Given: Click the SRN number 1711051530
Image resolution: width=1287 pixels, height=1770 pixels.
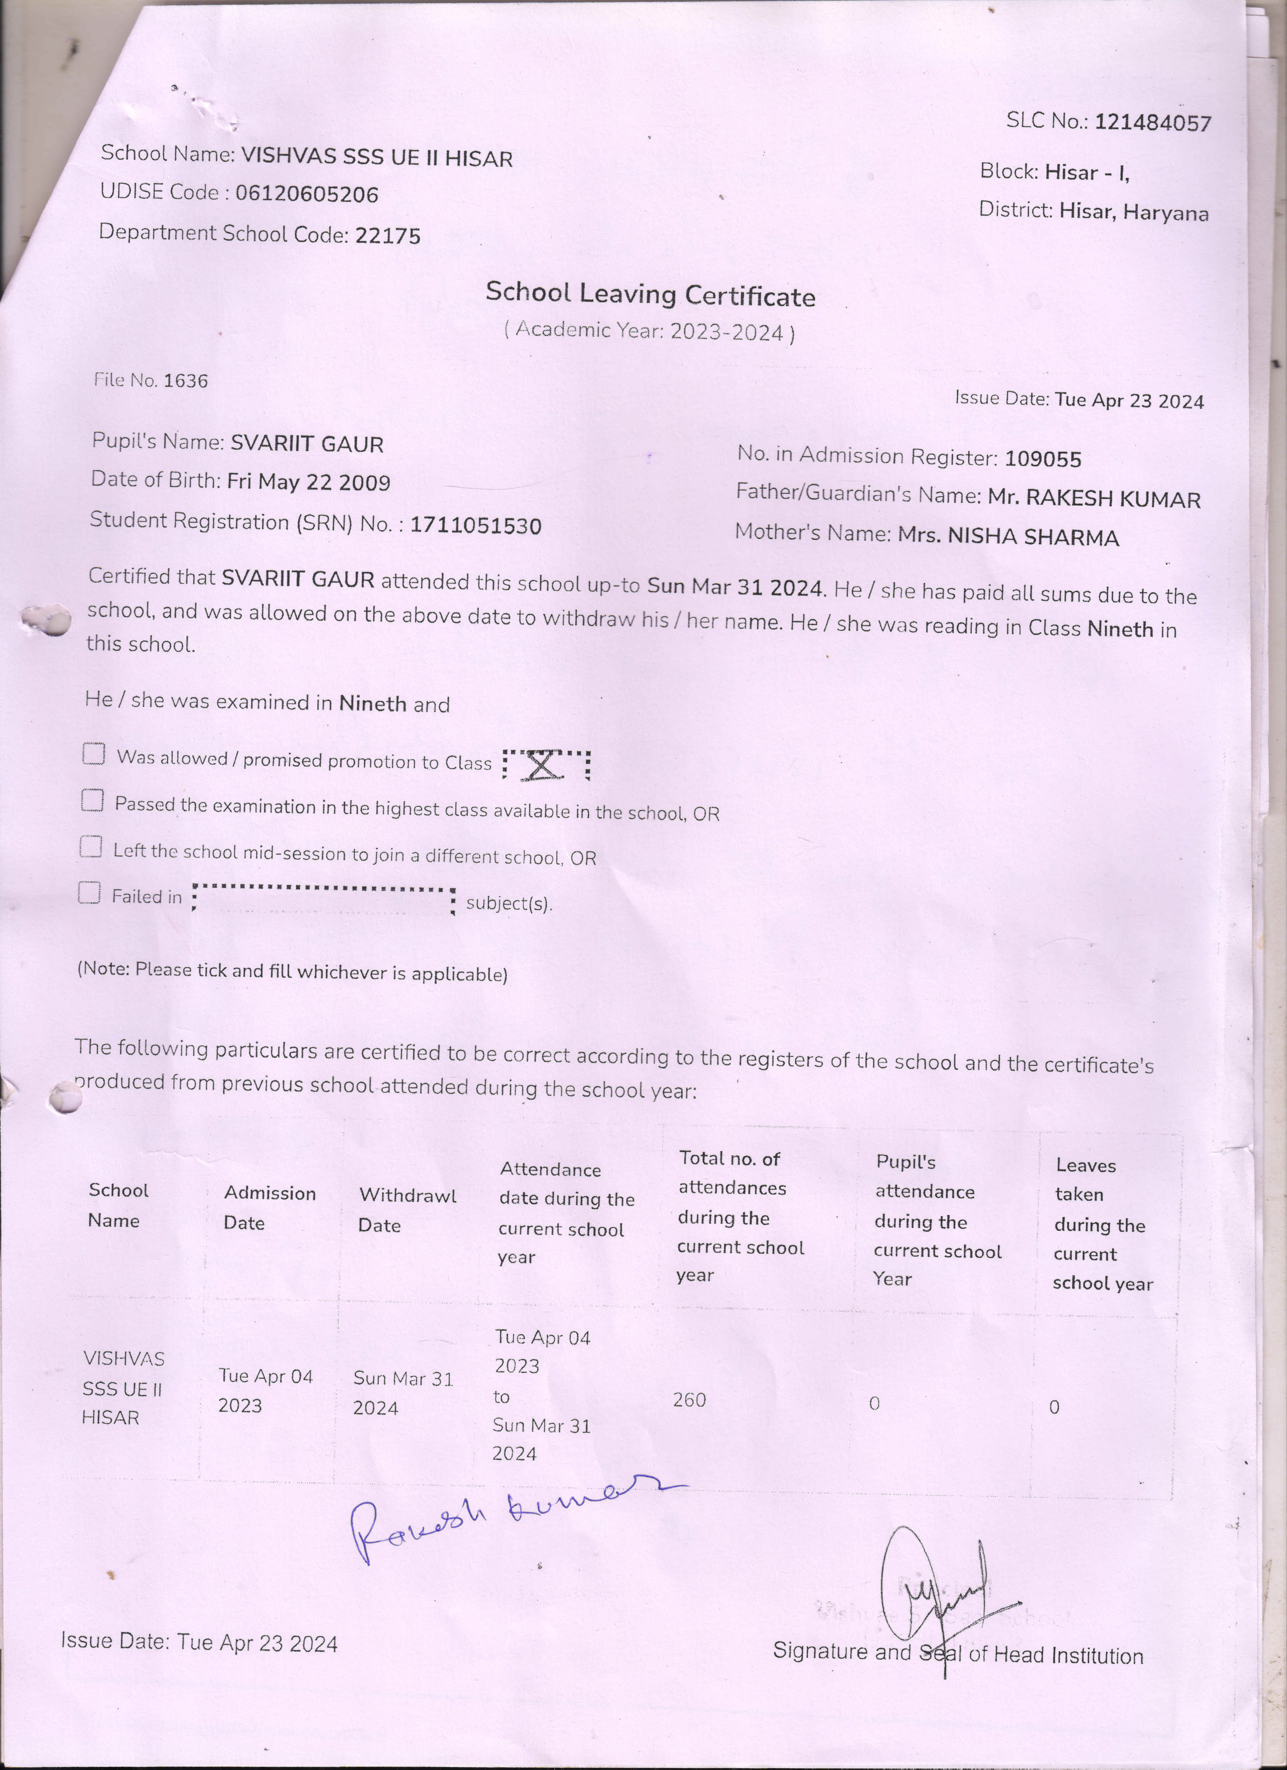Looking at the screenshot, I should [x=475, y=525].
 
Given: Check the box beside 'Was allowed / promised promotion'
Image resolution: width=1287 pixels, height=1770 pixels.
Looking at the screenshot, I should [x=94, y=754].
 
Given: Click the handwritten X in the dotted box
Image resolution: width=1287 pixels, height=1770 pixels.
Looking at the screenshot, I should [x=544, y=765].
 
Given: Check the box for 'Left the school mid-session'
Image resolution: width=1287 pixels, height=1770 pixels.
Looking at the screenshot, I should [x=91, y=847].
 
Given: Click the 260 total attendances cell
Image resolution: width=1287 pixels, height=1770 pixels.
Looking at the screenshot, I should [x=689, y=1400].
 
